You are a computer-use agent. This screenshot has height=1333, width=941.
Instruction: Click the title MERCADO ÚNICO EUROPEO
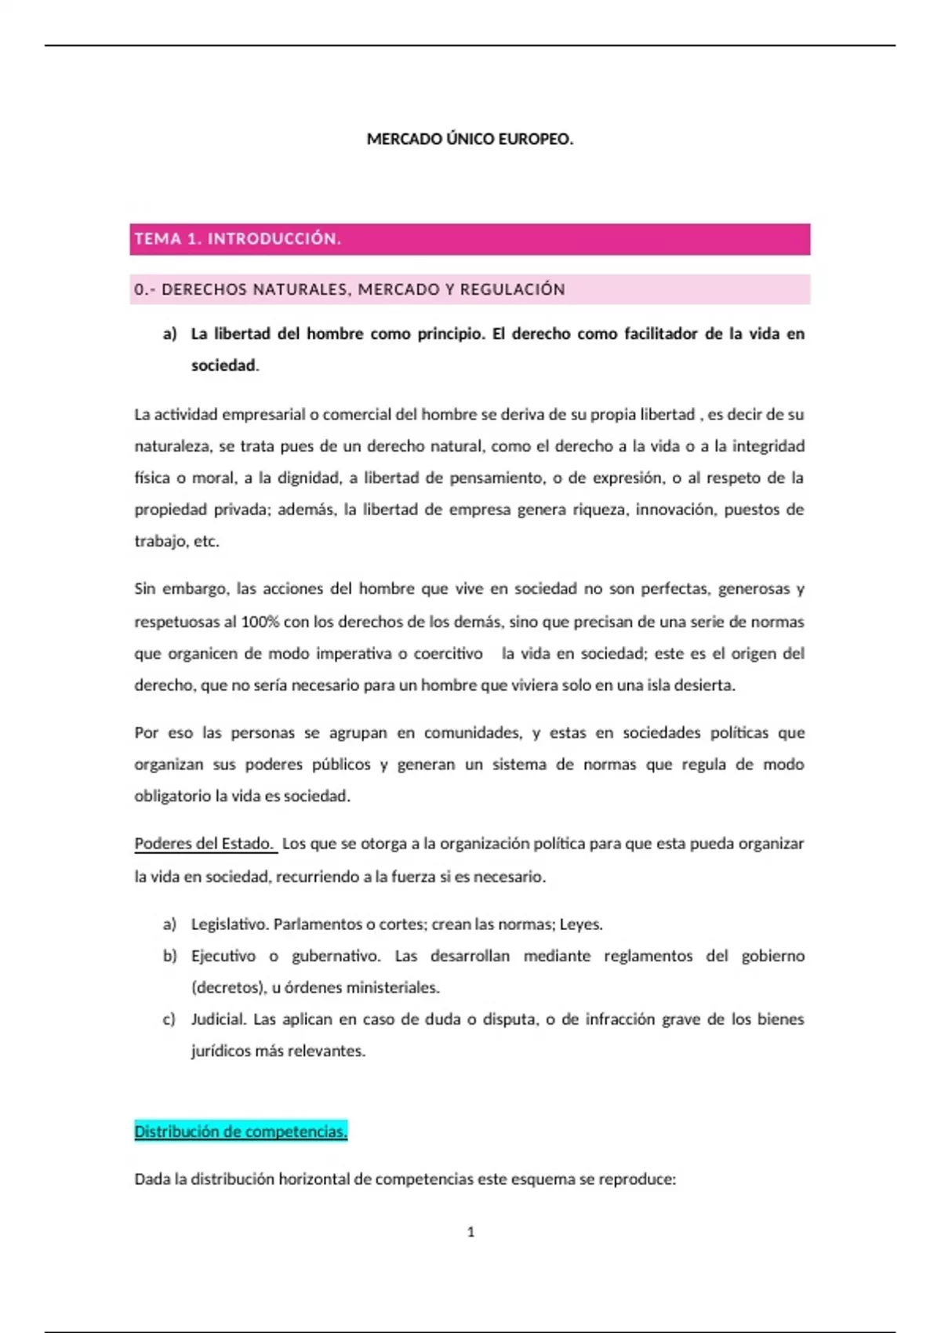(x=470, y=140)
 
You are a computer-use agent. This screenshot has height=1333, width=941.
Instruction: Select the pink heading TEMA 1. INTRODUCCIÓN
(x=238, y=239)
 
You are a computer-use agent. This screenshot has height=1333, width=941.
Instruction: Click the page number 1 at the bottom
(x=470, y=1232)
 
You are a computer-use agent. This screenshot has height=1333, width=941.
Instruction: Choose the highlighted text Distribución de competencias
(x=241, y=1131)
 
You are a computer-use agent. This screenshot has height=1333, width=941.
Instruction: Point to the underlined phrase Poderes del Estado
(x=204, y=844)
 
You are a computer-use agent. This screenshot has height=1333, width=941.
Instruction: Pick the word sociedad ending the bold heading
(x=223, y=365)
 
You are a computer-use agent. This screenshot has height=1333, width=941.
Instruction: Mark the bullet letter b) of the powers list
(x=169, y=956)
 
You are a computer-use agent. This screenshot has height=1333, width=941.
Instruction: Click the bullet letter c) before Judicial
(x=169, y=1019)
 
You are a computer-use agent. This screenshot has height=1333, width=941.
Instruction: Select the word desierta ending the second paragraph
(x=709, y=685)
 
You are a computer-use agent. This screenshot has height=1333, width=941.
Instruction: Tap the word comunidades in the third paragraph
(x=472, y=732)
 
